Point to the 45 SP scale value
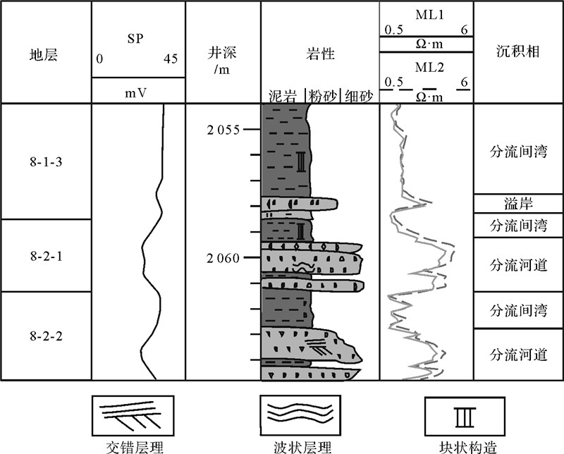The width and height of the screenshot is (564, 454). click(170, 59)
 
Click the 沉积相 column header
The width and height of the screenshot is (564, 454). click(518, 53)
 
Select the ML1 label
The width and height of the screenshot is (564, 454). click(425, 12)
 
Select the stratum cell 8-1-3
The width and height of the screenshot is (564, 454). click(45, 161)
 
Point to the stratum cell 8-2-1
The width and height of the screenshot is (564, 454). click(45, 255)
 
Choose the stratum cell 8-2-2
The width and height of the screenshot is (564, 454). click(45, 336)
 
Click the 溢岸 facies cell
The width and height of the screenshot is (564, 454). click(518, 204)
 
